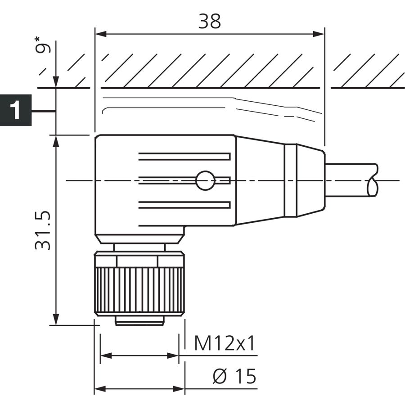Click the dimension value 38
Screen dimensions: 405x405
pos(209,21)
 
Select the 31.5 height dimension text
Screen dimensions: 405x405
pos(43,231)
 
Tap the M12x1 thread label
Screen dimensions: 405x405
pos(225,343)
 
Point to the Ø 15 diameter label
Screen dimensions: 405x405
pos(234,376)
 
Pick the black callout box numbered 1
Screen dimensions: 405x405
pos(16,110)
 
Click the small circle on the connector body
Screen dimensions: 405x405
pos(205,180)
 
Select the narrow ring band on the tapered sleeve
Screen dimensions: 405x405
pos(291,180)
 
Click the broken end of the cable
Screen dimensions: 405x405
pos(373,180)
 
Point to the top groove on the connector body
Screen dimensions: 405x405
pos(184,157)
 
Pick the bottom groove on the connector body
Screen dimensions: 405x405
pos(184,205)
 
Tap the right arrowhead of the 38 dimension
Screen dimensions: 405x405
pos(319,34)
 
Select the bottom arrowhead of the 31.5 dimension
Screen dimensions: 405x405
pos(56,319)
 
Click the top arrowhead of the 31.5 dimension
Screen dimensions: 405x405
pos(56,141)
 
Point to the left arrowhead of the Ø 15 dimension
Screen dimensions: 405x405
pos(100,388)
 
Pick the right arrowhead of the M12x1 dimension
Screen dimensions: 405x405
pos(173,355)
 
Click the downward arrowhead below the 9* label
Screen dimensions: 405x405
pos(56,82)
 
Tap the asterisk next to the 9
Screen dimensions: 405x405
pos(38,40)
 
